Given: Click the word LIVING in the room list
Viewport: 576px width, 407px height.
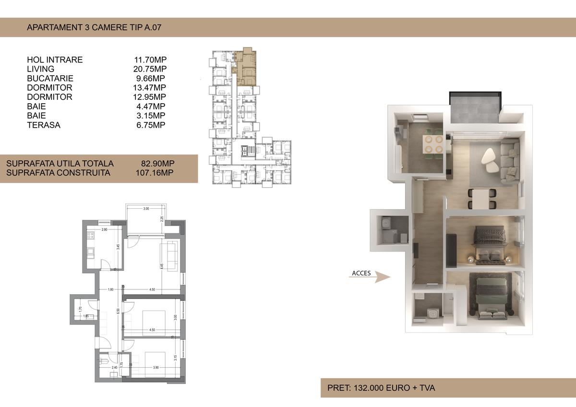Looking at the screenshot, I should coord(41,69).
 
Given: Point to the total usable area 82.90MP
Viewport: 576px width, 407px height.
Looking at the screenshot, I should coord(155,164).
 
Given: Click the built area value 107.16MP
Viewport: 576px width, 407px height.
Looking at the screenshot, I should coord(155,173).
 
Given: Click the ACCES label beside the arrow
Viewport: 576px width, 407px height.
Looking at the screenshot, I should coord(361,273).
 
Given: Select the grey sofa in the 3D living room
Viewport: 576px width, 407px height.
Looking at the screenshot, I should coord(509,161).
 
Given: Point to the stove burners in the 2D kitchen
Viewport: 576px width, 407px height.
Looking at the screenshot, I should coord(90,236).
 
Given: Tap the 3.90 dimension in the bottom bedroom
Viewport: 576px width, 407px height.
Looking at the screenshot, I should coord(156,368).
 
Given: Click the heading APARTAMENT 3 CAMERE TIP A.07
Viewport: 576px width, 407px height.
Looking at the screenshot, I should coord(94,27).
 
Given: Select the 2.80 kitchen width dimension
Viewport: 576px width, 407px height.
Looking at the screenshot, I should coord(104,230).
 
